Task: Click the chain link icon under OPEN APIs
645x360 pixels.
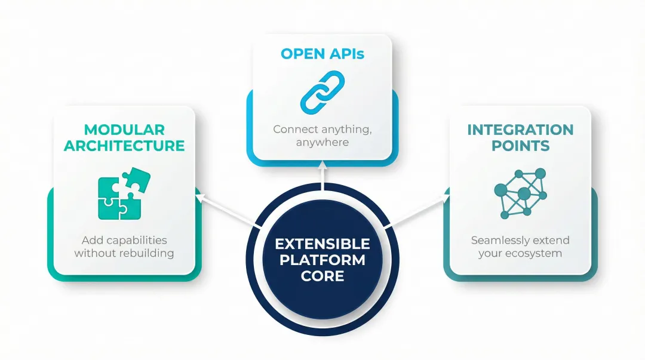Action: [322, 93]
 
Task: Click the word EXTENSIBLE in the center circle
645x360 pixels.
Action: [322, 244]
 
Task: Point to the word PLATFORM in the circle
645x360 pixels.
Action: [322, 260]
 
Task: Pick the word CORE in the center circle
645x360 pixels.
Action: [322, 276]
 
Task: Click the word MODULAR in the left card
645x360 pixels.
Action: [124, 130]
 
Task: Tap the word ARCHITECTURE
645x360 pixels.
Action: [124, 146]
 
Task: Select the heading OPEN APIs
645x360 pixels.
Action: [322, 54]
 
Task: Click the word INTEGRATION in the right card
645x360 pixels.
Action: [520, 130]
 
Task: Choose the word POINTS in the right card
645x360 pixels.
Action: [520, 146]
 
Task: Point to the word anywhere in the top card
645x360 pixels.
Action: [322, 143]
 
